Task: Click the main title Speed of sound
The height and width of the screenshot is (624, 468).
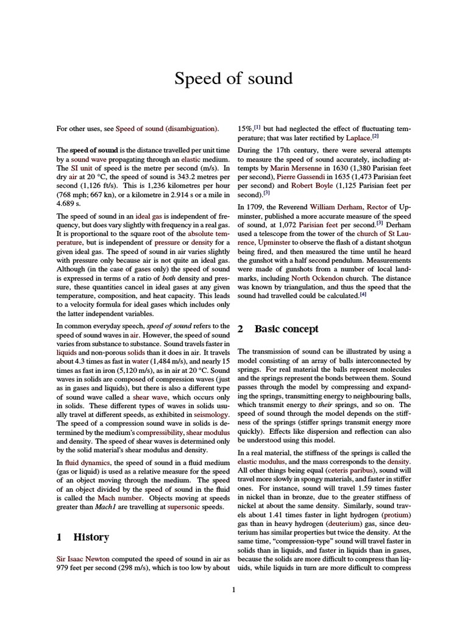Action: click(234, 79)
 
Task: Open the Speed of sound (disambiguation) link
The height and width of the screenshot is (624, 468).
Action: click(167, 129)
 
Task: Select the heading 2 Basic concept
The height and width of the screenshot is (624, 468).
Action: click(278, 329)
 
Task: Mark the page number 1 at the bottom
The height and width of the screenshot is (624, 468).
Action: click(234, 589)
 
